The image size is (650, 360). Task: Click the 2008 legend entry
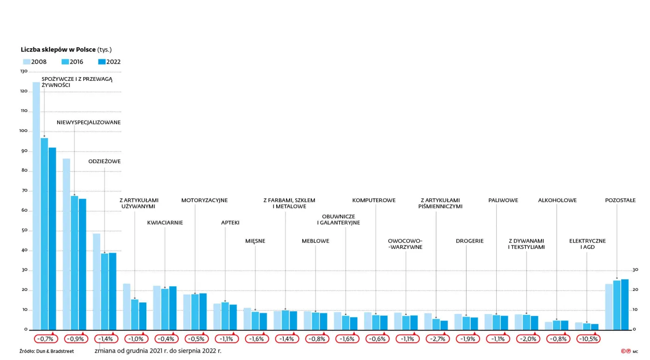(x=34, y=62)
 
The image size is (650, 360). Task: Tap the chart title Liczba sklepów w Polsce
(x=58, y=50)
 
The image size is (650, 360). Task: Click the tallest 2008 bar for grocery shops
(x=36, y=206)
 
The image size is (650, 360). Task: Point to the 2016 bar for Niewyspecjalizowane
(x=74, y=263)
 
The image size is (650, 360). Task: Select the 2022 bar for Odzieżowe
(x=112, y=291)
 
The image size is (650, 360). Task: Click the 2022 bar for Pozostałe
(x=624, y=305)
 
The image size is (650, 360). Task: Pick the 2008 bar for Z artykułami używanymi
(x=127, y=307)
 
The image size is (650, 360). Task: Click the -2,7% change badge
(x=436, y=339)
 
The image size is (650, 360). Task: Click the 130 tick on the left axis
(x=24, y=72)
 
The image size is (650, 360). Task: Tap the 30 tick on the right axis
(x=635, y=270)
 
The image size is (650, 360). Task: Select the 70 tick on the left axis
(x=24, y=191)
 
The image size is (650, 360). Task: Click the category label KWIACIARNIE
(x=165, y=223)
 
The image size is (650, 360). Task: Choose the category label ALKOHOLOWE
(x=557, y=201)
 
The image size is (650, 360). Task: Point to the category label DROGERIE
(x=469, y=241)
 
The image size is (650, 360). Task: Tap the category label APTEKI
(x=230, y=223)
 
